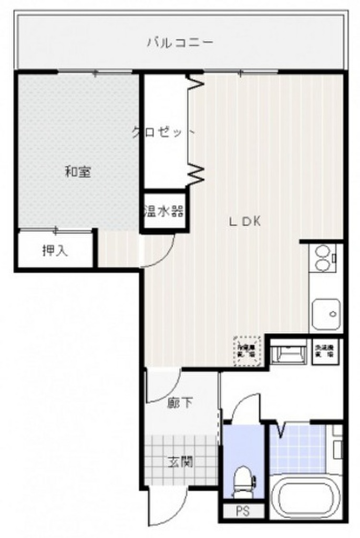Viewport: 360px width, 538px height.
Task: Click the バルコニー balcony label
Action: [180, 42]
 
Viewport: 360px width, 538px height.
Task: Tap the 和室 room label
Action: [78, 172]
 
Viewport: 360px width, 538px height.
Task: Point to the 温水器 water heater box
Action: [164, 212]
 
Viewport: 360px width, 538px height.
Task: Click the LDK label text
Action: [244, 222]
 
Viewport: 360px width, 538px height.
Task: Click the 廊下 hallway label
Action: [180, 403]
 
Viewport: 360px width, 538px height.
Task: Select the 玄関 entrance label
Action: [180, 462]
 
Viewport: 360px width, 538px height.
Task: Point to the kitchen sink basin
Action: [326, 314]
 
